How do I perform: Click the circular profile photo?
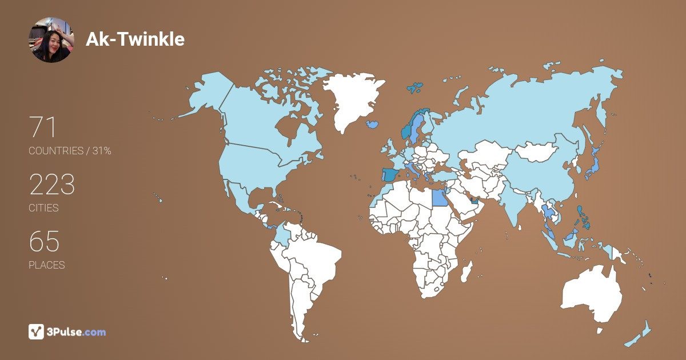pyautogui.click(x=51, y=39)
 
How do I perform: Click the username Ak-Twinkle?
pyautogui.click(x=135, y=39)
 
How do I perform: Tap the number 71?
pyautogui.click(x=42, y=127)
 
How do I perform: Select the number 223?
pyautogui.click(x=52, y=185)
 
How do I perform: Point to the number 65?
pyautogui.click(x=44, y=242)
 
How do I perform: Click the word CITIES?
pyautogui.click(x=44, y=208)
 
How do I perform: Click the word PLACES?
pyautogui.click(x=47, y=265)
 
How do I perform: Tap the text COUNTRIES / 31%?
pyautogui.click(x=70, y=151)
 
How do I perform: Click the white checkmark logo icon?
pyautogui.click(x=37, y=331)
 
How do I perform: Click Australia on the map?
pyautogui.click(x=592, y=294)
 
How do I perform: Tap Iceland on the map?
pyautogui.click(x=373, y=123)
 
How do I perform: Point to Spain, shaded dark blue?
pyautogui.click(x=391, y=174)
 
